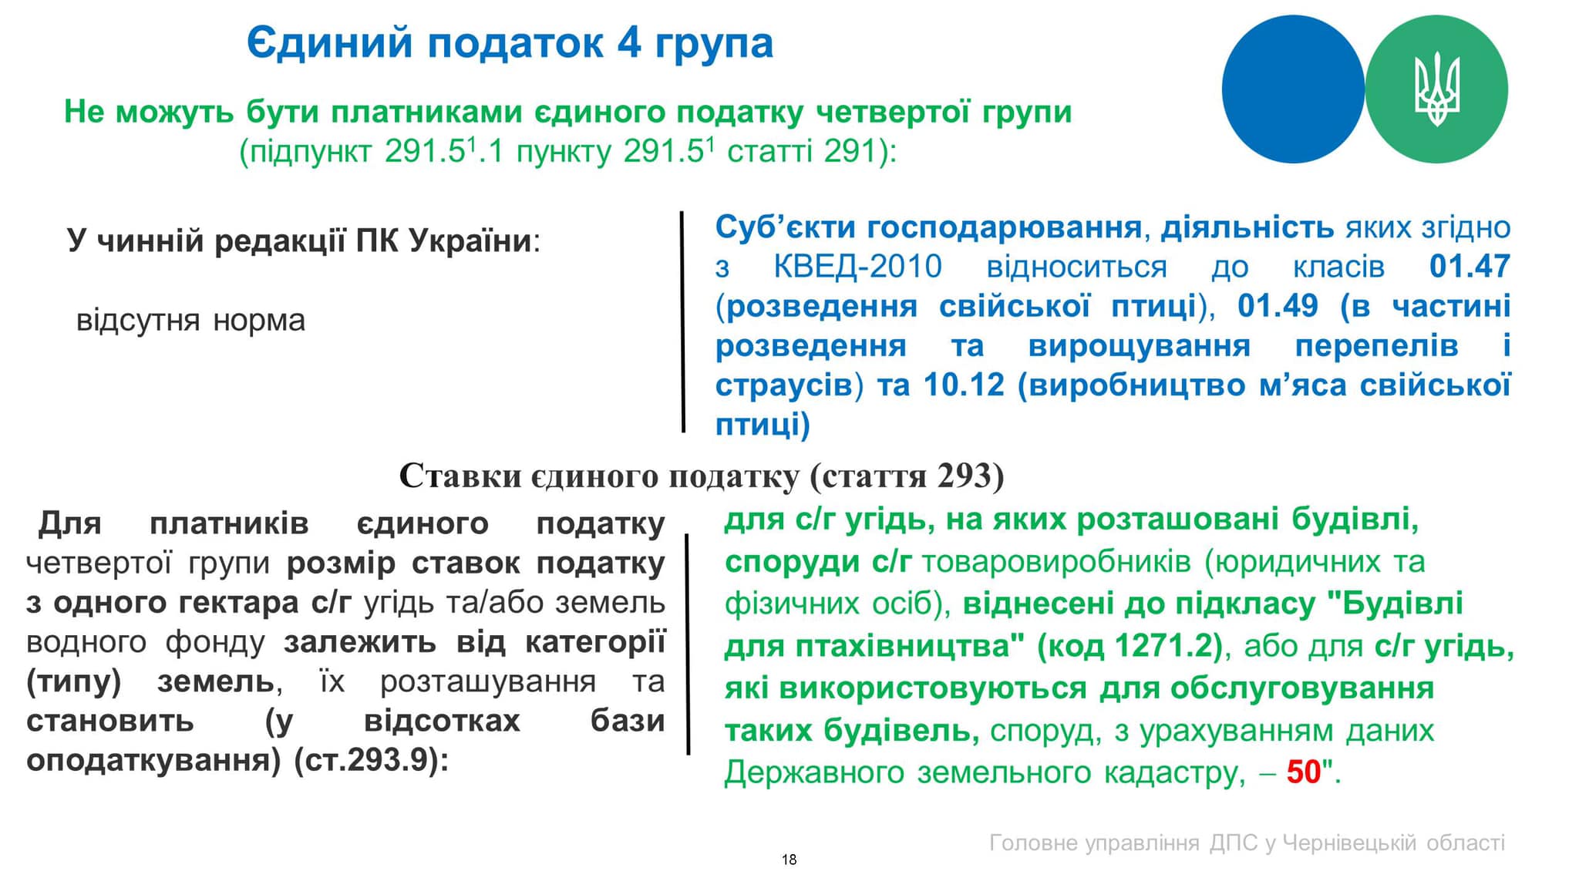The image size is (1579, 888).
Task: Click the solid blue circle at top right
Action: (x=1293, y=89)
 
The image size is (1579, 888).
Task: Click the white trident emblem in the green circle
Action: (x=1436, y=89)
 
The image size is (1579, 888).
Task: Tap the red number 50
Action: (x=1304, y=772)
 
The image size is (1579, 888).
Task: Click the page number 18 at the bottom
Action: (x=789, y=859)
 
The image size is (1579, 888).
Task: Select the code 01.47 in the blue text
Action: (x=1470, y=266)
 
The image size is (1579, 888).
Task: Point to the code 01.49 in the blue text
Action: (x=1278, y=306)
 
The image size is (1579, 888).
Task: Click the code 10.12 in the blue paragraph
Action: (x=964, y=385)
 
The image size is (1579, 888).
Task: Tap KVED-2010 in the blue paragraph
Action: (x=857, y=266)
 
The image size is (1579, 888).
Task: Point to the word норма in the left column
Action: (x=259, y=320)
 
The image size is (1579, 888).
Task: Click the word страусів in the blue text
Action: (x=783, y=385)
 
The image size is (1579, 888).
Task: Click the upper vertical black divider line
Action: (x=682, y=321)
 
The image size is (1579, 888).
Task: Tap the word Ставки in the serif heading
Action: (x=460, y=476)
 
